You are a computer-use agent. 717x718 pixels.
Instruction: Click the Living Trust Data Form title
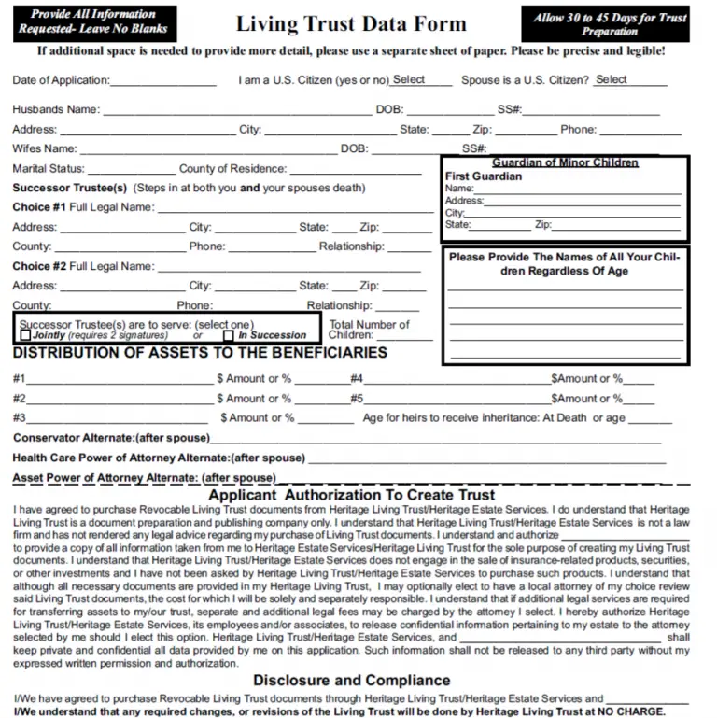click(351, 24)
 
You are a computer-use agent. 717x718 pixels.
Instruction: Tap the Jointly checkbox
click(25, 335)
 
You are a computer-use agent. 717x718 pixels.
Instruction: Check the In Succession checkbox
click(229, 335)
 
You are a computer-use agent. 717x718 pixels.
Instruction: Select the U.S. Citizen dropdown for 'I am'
click(420, 80)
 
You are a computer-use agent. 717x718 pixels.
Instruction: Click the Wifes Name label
click(45, 148)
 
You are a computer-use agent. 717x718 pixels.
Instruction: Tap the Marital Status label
click(49, 169)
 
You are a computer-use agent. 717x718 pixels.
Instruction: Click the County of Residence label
click(232, 169)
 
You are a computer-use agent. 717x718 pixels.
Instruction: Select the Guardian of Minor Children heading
click(565, 162)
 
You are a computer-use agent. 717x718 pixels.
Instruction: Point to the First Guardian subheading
click(484, 176)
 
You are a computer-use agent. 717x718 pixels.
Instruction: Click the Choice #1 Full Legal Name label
click(83, 207)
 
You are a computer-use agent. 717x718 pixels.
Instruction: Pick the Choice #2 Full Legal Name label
click(83, 266)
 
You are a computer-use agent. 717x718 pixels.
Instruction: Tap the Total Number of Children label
click(368, 330)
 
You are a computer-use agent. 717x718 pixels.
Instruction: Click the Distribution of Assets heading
click(200, 353)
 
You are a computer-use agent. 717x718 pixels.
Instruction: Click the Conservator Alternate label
click(111, 438)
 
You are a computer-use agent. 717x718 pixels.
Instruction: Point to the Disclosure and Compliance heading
click(351, 680)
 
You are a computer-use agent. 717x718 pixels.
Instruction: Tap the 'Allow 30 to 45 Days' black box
click(609, 24)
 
